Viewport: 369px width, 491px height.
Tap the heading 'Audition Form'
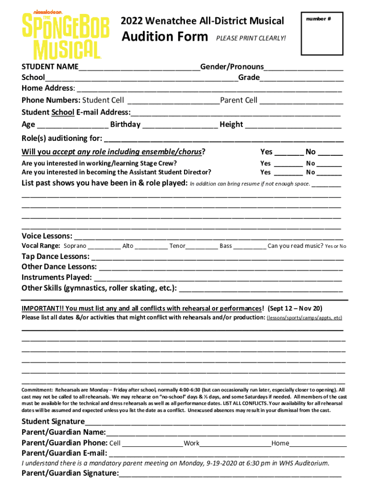click(x=164, y=37)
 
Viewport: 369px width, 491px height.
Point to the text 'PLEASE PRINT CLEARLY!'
click(x=251, y=38)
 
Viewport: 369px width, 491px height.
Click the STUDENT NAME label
click(x=50, y=66)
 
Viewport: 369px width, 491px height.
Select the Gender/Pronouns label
click(x=232, y=66)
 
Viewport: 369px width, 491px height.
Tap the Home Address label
click(x=47, y=88)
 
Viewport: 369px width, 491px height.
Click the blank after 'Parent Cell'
click(x=301, y=101)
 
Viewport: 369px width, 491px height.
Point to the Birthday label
click(x=125, y=125)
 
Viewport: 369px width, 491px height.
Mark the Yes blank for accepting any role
click(x=288, y=153)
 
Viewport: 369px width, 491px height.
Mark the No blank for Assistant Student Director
click(x=329, y=173)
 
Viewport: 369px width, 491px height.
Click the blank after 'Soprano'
click(x=104, y=247)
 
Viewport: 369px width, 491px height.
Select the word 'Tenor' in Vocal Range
click(x=177, y=246)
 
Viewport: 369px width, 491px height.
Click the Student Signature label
click(x=53, y=421)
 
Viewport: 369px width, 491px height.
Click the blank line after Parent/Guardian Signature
click(x=230, y=475)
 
